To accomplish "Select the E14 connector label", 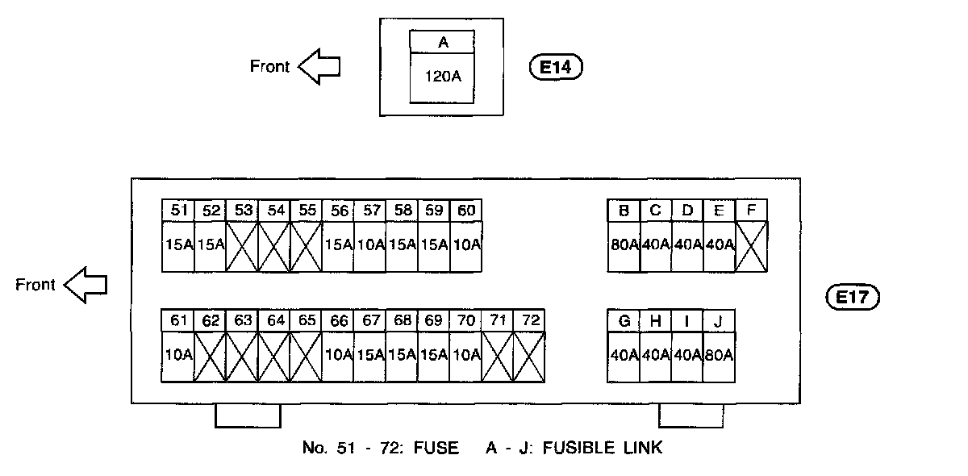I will (x=555, y=68).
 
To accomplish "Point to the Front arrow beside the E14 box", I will (x=319, y=67).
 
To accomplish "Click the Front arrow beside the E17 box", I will (x=86, y=286).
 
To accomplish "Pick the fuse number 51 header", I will (x=178, y=211).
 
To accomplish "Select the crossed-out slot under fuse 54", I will (x=275, y=245).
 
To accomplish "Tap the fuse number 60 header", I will (x=465, y=211).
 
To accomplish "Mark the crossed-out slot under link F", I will (x=751, y=245).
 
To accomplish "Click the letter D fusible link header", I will (x=687, y=211).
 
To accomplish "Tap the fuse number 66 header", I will (x=339, y=320).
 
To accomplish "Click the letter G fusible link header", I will (x=624, y=320).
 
